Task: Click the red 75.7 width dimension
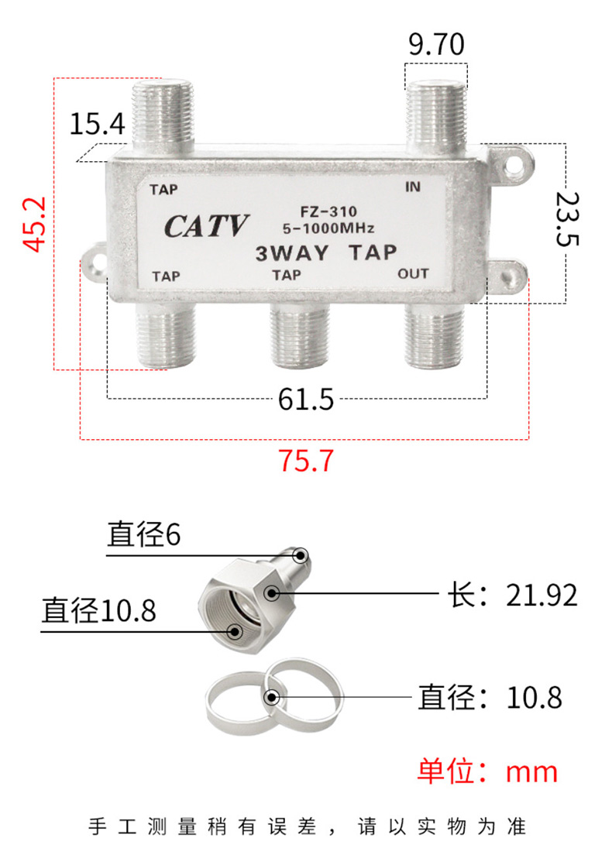tap(305, 460)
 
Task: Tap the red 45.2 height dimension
tap(35, 224)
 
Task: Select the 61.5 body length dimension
tap(305, 399)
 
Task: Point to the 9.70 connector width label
tap(436, 44)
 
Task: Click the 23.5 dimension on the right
tap(567, 218)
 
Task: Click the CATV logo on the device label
tap(206, 225)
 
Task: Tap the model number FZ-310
tap(328, 211)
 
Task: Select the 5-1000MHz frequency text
tap(328, 228)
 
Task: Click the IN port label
tap(413, 187)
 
